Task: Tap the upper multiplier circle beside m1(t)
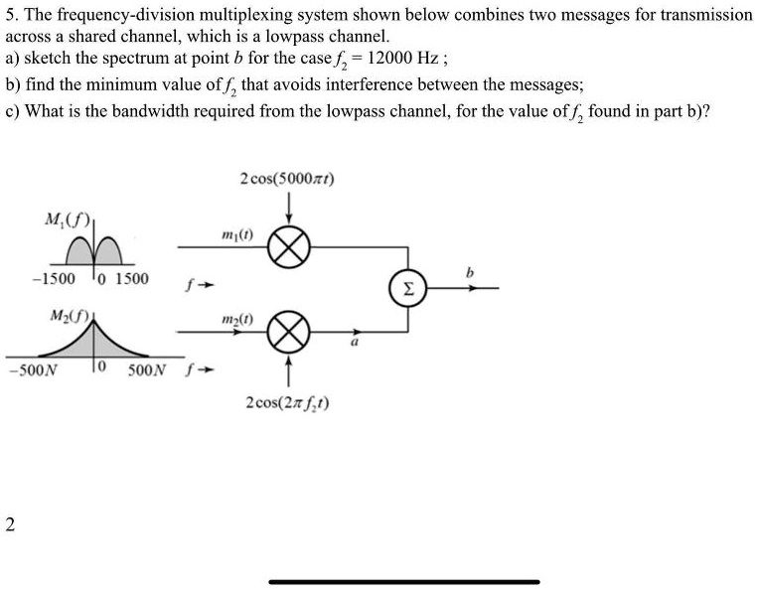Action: click(x=289, y=245)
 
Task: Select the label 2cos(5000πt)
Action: click(x=287, y=180)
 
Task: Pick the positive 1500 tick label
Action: click(x=132, y=279)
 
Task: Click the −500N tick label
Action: click(x=32, y=373)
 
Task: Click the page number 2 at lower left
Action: click(x=10, y=524)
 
